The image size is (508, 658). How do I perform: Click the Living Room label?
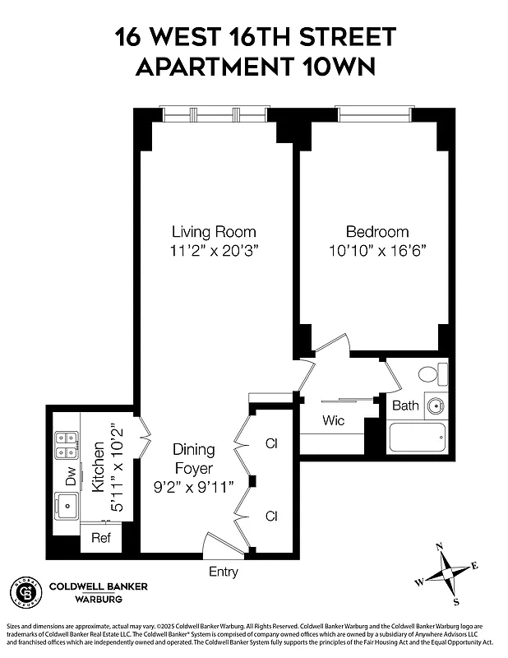coord(214,231)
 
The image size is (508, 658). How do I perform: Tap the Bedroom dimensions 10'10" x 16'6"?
coord(376,249)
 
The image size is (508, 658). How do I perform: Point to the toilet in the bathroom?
coord(430,375)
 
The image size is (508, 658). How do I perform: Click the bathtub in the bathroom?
coord(417,437)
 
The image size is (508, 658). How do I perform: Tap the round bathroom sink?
coord(435,405)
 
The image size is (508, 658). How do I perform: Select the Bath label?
coord(404,405)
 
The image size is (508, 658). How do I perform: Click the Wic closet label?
coord(333,420)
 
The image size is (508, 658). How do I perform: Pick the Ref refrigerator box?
coord(100,539)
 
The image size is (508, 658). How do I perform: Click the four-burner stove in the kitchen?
coord(67,445)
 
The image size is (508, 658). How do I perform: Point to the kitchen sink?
coord(66,504)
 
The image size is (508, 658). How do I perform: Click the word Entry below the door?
coord(224,571)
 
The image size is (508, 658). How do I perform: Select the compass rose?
coord(446,569)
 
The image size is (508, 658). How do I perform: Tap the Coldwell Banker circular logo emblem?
coord(25,591)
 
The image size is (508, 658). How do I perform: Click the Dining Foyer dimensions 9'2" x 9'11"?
coord(193,487)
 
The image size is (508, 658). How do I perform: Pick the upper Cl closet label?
coord(271,444)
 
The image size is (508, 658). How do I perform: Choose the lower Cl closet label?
coord(271,516)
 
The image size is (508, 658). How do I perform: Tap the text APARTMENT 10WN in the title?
coord(254,67)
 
